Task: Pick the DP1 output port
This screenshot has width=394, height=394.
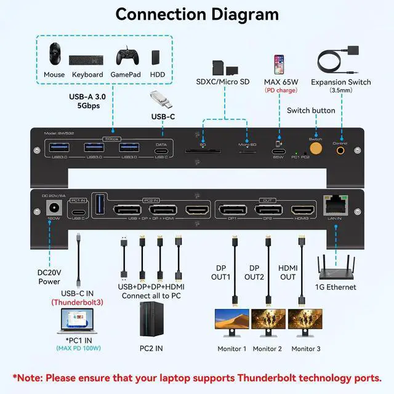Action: pos(231,210)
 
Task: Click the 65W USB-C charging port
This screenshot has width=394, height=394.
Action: pos(278,150)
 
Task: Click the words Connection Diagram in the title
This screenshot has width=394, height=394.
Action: pos(197,14)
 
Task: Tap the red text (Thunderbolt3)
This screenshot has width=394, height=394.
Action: pos(78,302)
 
